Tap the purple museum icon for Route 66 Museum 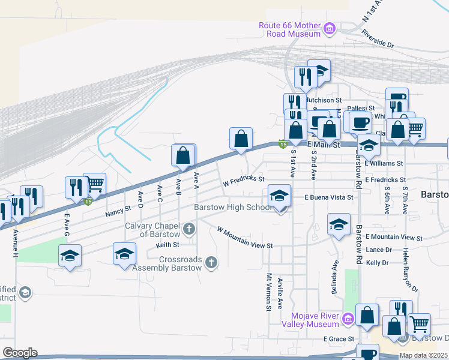pyautogui.click(x=329, y=28)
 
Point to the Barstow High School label pyautogui.click(x=233, y=208)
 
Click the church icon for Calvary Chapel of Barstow pyautogui.click(x=189, y=228)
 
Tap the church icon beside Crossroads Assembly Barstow pyautogui.click(x=211, y=262)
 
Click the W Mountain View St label pyautogui.click(x=245, y=238)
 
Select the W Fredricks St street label pyautogui.click(x=243, y=179)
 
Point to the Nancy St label pyautogui.click(x=118, y=210)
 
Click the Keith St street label pyautogui.click(x=167, y=245)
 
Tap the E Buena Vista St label pyautogui.click(x=328, y=197)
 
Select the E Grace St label pyautogui.click(x=339, y=339)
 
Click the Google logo pyautogui.click(x=20, y=353)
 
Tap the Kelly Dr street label pyautogui.click(x=378, y=263)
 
